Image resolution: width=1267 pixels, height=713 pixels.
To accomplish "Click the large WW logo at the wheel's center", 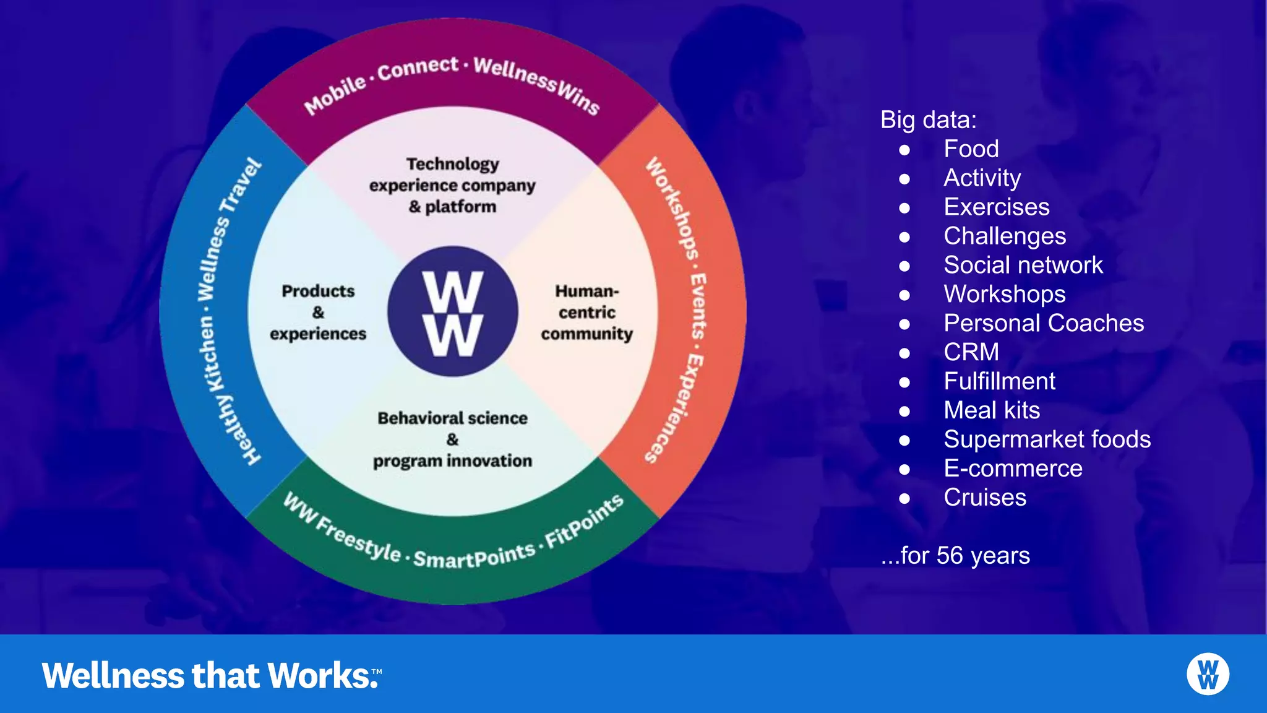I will point(453,313).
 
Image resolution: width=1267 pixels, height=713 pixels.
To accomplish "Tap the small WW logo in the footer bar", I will point(1208,674).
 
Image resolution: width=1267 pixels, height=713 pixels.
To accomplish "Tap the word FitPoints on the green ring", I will point(584,521).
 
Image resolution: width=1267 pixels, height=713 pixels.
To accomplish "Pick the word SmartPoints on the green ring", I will point(474,556).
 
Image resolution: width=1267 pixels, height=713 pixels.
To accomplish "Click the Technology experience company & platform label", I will point(452,185).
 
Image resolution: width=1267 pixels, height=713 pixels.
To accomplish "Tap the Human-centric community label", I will point(586,313).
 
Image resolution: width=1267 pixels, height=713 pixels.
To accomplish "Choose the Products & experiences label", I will point(318,313).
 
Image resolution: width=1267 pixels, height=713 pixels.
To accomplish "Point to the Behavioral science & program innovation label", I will point(452,439).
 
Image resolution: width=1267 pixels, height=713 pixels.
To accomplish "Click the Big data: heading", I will point(928,120).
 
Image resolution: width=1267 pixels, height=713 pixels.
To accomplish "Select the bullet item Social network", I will point(1023,265).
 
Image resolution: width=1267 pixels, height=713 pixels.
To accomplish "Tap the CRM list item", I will point(971,352).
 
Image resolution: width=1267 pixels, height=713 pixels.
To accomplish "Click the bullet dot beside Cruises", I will point(904,498).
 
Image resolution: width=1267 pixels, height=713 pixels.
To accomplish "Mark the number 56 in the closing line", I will point(949,555).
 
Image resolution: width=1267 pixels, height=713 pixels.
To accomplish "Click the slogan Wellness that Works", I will point(210,675).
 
